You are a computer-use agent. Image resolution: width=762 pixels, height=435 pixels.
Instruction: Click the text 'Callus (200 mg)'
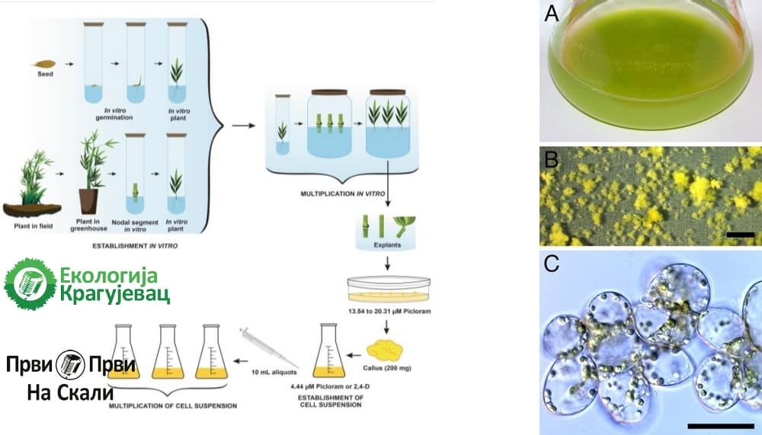pos(387,374)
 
